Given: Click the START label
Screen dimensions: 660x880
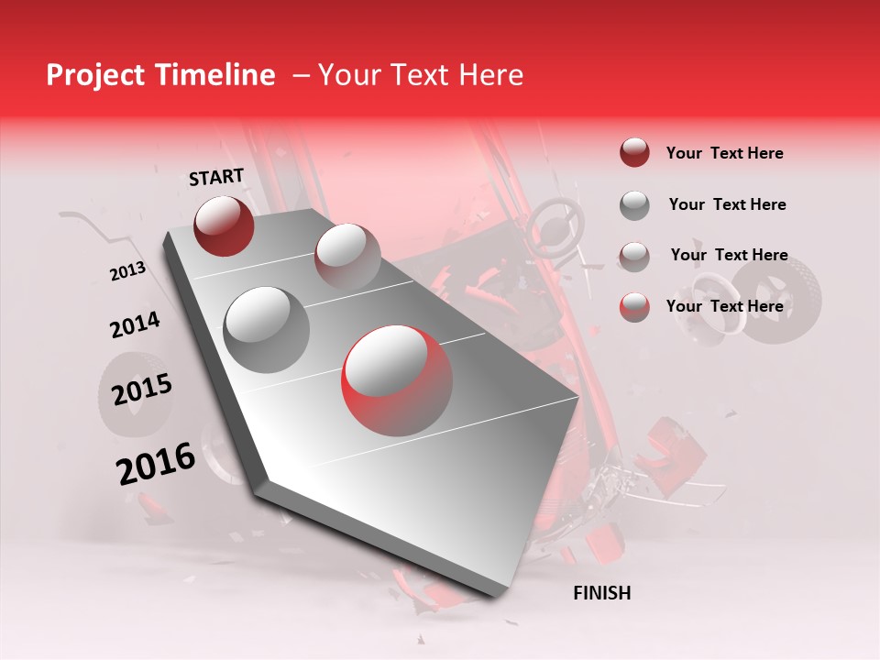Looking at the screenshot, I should [216, 177].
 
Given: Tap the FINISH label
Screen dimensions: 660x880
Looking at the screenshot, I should [601, 593].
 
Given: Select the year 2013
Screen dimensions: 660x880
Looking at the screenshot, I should [127, 271].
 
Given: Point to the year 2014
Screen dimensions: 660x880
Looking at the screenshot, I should [135, 324].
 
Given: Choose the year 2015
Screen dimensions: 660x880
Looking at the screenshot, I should [142, 390].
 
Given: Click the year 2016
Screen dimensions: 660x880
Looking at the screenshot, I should [156, 463].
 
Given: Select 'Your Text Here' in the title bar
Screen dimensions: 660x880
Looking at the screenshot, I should [421, 75].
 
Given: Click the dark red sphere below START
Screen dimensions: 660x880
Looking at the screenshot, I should [224, 225].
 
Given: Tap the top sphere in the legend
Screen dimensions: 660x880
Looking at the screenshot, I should [634, 153].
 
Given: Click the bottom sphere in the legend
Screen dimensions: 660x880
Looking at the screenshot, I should [634, 306].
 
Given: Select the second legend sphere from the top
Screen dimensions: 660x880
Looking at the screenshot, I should [634, 204].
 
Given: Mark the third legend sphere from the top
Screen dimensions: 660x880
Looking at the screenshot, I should [634, 256].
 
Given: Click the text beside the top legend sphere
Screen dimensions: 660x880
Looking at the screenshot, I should [724, 153].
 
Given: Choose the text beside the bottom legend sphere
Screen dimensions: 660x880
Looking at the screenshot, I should [724, 306].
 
